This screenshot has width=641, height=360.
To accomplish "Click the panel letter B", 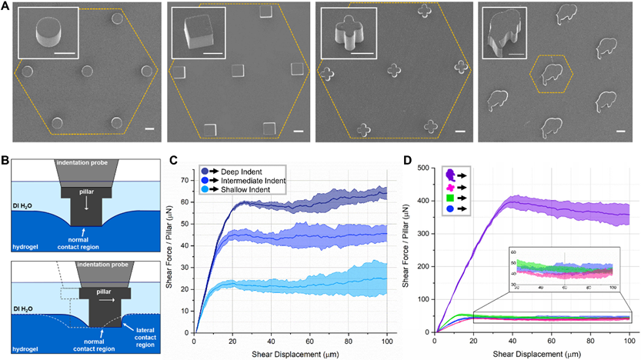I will click(x=6, y=162).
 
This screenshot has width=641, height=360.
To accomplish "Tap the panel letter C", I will click(x=175, y=162).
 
